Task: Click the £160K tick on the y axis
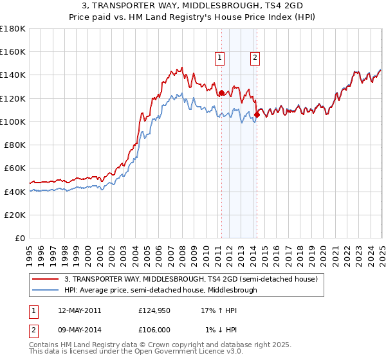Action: click(x=13, y=51)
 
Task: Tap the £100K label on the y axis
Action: click(x=13, y=122)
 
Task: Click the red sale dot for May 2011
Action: click(x=221, y=93)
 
